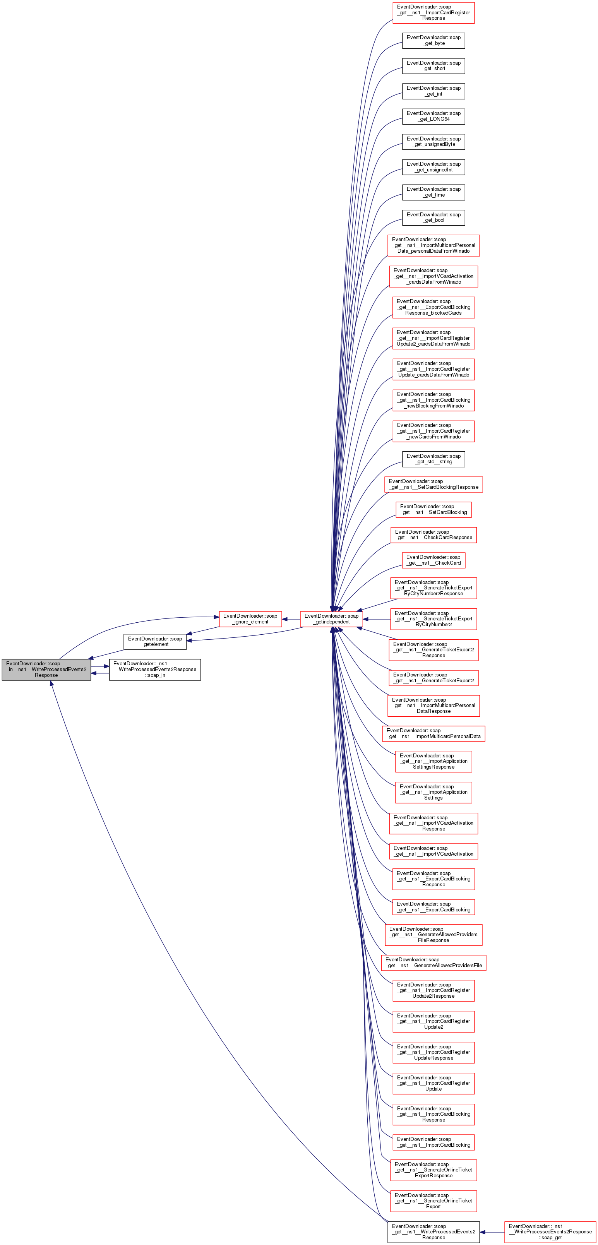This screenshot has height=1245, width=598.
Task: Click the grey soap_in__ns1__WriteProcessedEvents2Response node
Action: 46,670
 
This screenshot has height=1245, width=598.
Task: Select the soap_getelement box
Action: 155,641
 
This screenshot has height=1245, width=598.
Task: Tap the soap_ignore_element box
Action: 250,619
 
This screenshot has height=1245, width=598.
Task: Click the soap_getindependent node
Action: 331,619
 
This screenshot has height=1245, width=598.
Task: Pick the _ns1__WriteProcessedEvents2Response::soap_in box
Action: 155,670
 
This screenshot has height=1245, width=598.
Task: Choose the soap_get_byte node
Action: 433,41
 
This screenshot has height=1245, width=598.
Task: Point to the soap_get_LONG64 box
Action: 433,116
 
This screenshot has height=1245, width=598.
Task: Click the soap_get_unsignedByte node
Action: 433,142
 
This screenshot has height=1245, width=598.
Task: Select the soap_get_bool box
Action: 433,217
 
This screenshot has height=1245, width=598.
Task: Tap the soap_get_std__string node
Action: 433,459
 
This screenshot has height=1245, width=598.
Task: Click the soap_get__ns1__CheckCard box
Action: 433,560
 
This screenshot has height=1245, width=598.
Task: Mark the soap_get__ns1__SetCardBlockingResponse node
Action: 433,484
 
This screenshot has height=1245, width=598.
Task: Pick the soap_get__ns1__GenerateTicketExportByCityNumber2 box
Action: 433,619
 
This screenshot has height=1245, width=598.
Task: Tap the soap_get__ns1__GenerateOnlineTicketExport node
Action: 433,1200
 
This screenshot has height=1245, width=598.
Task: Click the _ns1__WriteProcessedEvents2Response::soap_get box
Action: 550,1231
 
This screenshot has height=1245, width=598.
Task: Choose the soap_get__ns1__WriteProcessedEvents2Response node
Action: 433,1231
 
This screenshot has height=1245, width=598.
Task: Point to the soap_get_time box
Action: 433,192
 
